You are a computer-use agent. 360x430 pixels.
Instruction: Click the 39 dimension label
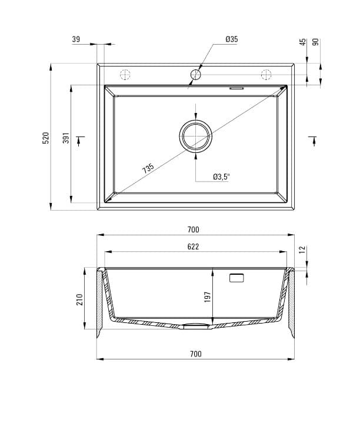tap(76, 39)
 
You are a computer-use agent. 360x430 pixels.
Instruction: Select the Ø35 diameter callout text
tap(231, 39)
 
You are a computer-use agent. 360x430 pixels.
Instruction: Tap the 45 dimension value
tap(302, 42)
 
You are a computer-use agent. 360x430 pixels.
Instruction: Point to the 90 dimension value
tap(315, 42)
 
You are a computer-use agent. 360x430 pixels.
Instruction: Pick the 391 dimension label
tap(66, 138)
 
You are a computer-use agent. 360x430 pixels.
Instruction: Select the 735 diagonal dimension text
tap(148, 168)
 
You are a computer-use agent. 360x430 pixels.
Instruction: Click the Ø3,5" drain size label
tap(221, 176)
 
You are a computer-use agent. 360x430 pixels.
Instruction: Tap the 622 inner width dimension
tap(194, 247)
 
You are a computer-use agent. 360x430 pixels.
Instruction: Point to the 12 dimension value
tap(302, 250)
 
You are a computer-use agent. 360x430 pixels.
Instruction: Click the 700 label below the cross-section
tap(196, 354)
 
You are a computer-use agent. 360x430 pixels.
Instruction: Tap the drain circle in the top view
tap(195, 136)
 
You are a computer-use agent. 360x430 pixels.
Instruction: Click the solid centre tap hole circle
tap(195, 75)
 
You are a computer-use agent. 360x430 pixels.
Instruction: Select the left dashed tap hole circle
tap(125, 75)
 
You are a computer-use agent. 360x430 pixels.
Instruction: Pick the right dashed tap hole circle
tap(266, 75)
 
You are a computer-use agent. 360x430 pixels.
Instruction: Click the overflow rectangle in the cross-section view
tap(236, 278)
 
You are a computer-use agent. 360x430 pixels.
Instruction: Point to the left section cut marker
tap(81, 139)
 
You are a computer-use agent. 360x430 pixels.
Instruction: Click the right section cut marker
tap(311, 139)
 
